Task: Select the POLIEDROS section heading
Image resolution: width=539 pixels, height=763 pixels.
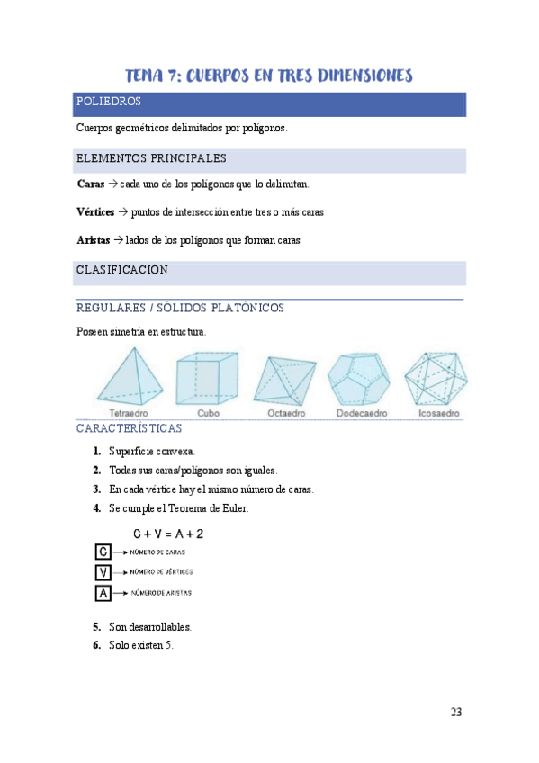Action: coord(108,103)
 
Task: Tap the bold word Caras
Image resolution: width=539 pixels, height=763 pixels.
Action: coord(91,184)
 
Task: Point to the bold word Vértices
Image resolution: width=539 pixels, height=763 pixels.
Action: coord(95,212)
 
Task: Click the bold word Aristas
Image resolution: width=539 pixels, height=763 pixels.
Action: coord(94,240)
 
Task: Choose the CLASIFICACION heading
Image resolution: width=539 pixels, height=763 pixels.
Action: coord(121,270)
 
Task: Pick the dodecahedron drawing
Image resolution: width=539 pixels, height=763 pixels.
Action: coord(359,379)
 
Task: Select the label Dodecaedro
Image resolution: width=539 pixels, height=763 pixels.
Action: coord(358,414)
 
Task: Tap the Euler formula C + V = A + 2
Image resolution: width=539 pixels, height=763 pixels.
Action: coord(167,534)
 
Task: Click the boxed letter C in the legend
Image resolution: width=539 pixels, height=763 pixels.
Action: coord(103,552)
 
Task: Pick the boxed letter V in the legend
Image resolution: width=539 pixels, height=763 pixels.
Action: coord(103,572)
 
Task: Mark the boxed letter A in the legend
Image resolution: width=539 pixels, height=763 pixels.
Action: coord(103,593)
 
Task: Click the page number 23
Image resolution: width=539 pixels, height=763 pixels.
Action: coord(456,713)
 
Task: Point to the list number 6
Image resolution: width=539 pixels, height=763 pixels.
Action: coord(96,644)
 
